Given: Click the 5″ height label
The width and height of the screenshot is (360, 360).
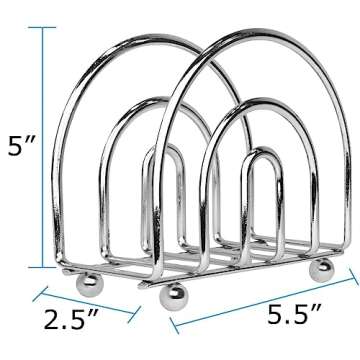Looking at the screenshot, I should tap(23, 150).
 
